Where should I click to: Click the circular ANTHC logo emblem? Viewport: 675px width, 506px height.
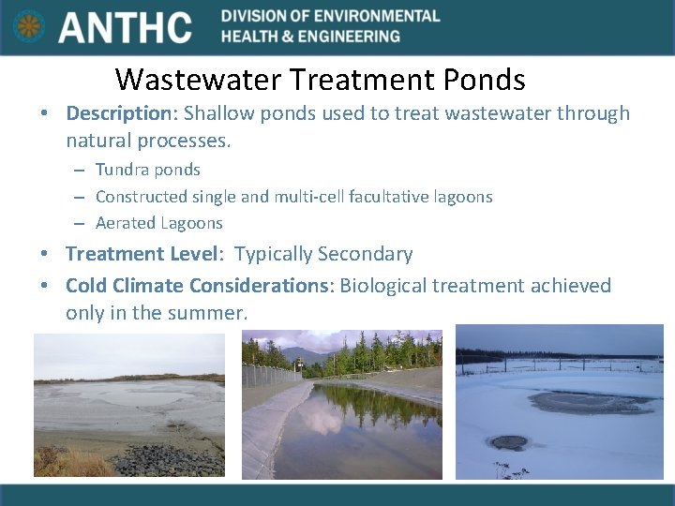(29, 26)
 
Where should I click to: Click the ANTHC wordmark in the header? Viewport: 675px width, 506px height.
(125, 27)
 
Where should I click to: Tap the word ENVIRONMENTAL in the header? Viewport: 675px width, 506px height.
(381, 16)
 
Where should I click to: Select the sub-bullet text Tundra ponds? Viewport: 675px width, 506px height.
(147, 170)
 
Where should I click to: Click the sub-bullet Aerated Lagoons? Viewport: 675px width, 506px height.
(158, 223)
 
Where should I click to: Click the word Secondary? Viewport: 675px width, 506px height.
(365, 254)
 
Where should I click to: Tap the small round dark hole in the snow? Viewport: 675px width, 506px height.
(509, 442)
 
